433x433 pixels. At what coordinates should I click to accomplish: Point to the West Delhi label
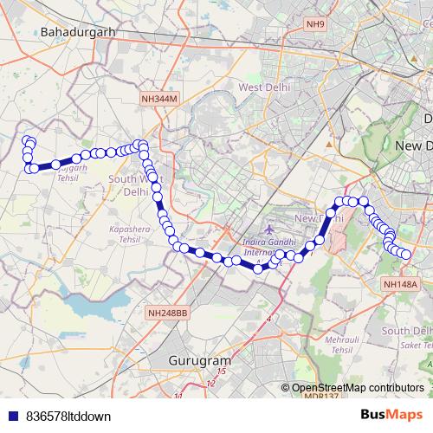262,88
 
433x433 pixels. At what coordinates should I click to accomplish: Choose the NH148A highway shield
399,283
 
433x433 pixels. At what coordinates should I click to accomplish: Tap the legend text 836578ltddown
68,416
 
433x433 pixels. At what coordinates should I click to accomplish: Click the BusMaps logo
391,415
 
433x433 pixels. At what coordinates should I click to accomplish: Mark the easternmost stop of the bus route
406,254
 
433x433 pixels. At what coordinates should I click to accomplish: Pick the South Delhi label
407,331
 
